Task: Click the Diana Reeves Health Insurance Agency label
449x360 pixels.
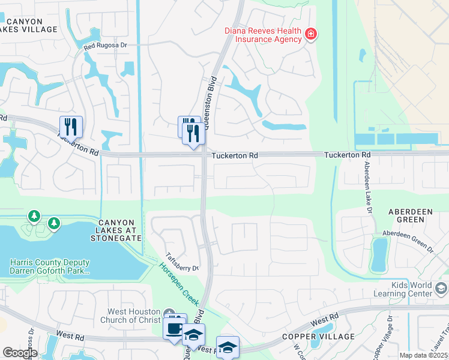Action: pos(263,35)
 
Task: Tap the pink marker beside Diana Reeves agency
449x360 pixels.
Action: pos(311,34)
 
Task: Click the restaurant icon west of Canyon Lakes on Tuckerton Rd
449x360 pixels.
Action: pos(71,126)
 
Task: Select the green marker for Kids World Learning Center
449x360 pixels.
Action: pos(441,290)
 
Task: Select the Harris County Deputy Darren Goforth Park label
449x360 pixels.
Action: pos(50,267)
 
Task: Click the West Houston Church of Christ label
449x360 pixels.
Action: pos(133,316)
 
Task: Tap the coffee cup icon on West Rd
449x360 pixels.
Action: pos(174,329)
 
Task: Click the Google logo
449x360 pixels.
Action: pos(19,353)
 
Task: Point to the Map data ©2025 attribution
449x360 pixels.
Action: pos(424,355)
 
